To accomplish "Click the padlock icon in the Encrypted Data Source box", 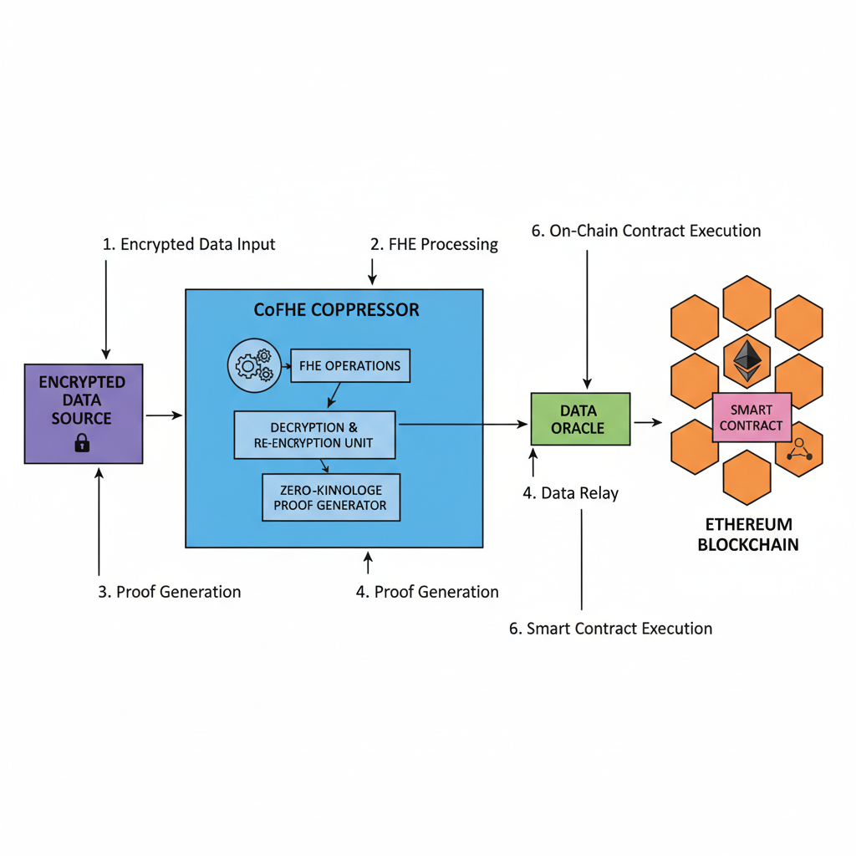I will pyautogui.click(x=81, y=444).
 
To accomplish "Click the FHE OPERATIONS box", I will pyautogui.click(x=350, y=366).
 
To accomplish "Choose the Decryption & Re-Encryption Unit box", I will pyautogui.click(x=314, y=435).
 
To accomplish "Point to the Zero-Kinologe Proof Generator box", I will pyautogui.click(x=331, y=497).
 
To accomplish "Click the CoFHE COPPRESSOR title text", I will pyautogui.click(x=336, y=310).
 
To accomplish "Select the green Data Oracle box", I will pyautogui.click(x=579, y=419).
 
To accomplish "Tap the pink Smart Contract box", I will pyautogui.click(x=751, y=418).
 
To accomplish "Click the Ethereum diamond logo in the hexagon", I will pyautogui.click(x=746, y=359).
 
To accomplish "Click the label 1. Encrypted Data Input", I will pyautogui.click(x=189, y=245).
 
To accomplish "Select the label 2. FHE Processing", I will pyautogui.click(x=434, y=245).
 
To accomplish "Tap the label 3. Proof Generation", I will pyautogui.click(x=170, y=592).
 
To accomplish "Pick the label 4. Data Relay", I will pyautogui.click(x=571, y=493).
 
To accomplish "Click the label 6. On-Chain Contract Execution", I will pyautogui.click(x=646, y=231).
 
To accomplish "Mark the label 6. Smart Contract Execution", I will pyautogui.click(x=611, y=629).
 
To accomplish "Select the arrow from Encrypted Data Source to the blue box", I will pyautogui.click(x=164, y=415).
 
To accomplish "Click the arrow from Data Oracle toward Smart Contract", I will pyautogui.click(x=647, y=422).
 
